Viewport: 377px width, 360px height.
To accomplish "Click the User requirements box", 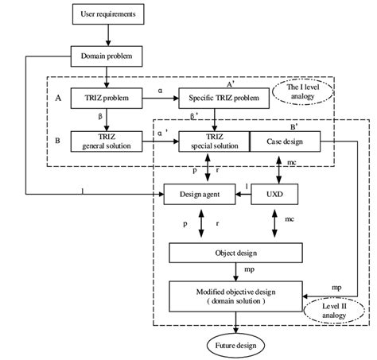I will (x=108, y=14).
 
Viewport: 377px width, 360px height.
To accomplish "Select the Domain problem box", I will (x=108, y=56).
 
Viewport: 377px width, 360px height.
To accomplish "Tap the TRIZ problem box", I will (x=108, y=99).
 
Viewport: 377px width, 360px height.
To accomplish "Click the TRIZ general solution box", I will (x=108, y=141).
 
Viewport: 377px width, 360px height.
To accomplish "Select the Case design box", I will (x=275, y=141).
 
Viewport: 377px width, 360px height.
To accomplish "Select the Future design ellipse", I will (x=235, y=345).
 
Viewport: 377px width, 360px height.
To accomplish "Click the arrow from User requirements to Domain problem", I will (x=108, y=35).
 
